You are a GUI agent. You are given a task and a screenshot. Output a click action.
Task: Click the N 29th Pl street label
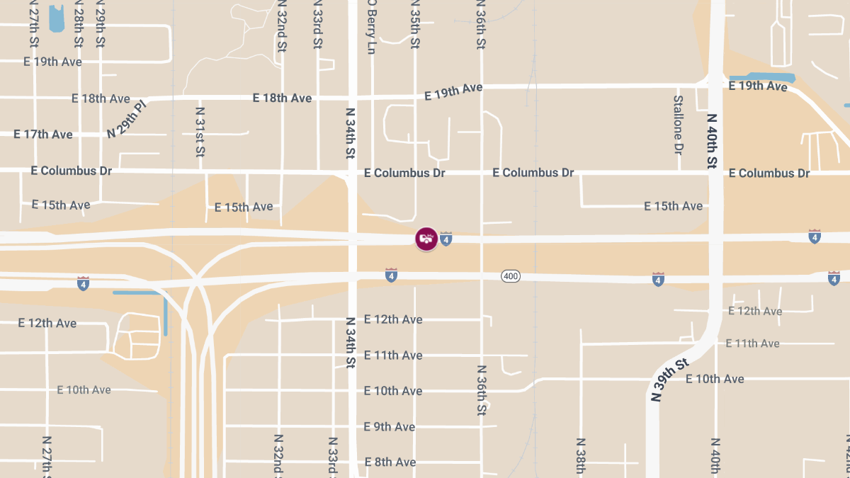click(127, 119)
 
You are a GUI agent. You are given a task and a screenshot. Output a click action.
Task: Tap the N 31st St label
click(200, 132)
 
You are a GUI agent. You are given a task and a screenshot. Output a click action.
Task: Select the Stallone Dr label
click(678, 125)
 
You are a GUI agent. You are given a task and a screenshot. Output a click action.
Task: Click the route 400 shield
click(511, 275)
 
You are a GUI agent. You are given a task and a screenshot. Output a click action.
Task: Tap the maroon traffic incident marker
click(426, 239)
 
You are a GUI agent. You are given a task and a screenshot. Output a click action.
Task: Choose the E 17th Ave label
click(43, 134)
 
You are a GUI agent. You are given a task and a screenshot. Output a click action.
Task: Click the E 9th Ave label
click(389, 426)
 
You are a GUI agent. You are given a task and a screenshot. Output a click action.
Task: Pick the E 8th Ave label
click(390, 462)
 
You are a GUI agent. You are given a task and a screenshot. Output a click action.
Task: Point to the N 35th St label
click(415, 25)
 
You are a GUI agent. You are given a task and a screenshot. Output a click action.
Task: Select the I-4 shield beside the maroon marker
click(446, 239)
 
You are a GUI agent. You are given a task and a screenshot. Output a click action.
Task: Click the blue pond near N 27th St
click(56, 18)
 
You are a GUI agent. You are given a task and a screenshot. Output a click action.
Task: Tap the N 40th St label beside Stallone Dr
click(712, 141)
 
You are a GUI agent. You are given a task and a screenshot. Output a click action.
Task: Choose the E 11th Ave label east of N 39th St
click(752, 343)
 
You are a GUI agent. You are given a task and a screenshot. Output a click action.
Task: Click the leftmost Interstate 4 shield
click(83, 283)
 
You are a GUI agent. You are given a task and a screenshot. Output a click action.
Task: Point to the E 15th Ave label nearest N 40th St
click(673, 206)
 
